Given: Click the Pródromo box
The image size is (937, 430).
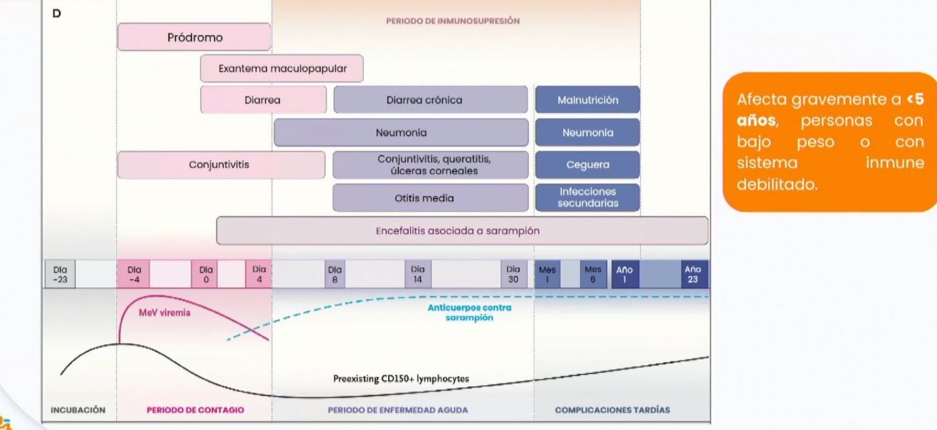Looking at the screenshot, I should point(194,37).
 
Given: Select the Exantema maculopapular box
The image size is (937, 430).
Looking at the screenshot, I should point(282,68).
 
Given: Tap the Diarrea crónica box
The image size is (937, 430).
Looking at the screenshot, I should point(430,100).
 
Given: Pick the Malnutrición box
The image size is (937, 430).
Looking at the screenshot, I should point(587,100).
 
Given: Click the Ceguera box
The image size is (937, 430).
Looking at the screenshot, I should point(587,164).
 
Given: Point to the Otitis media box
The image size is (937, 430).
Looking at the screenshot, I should point(430,198).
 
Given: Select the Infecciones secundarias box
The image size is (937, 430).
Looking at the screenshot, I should point(587,197).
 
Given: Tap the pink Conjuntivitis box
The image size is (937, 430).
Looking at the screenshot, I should point(221,164).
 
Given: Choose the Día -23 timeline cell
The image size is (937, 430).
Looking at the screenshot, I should point(60,274).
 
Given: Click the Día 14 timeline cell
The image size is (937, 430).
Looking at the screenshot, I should point(417,274).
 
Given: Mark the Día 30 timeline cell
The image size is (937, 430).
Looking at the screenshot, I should point(513,274).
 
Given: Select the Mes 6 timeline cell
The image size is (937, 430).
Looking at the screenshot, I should point(592,274).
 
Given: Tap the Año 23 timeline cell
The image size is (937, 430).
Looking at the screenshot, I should point(692,274).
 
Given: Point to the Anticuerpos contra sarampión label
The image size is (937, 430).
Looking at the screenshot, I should point(469,313).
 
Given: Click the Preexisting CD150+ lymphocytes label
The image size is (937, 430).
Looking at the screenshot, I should point(401,379).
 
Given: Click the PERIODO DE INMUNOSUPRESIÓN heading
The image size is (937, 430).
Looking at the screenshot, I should point(452,21).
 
